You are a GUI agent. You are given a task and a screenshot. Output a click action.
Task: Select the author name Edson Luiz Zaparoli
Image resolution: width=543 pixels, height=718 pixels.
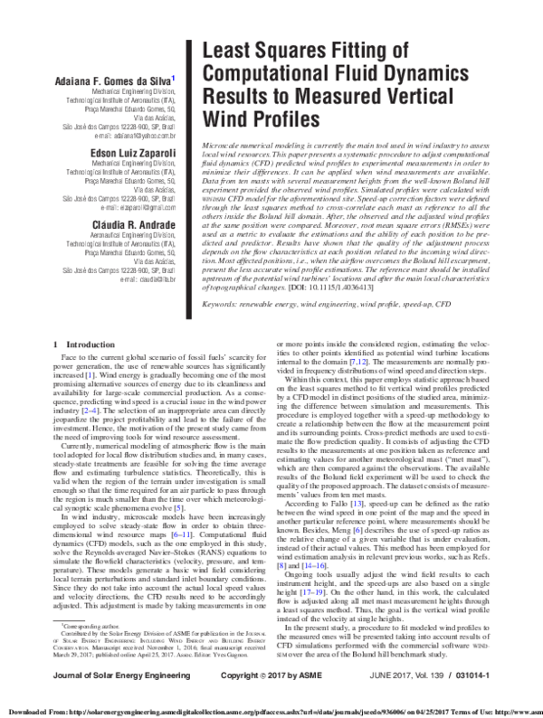pyautogui.click(x=132, y=155)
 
